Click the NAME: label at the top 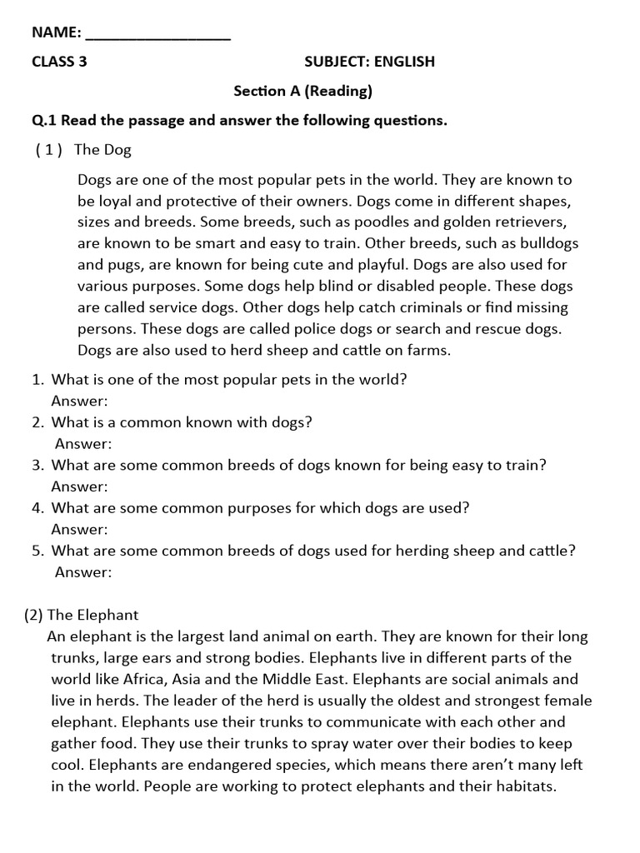pos(56,32)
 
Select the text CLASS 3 pos(59,62)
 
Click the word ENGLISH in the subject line pos(404,62)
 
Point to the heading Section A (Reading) pos(302,91)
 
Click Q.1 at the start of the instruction pos(45,121)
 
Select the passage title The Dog pos(102,150)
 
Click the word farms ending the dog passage pos(430,350)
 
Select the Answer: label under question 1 pos(80,401)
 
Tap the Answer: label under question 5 pos(83,571)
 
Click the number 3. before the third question pos(37,465)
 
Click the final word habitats pos(524,786)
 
